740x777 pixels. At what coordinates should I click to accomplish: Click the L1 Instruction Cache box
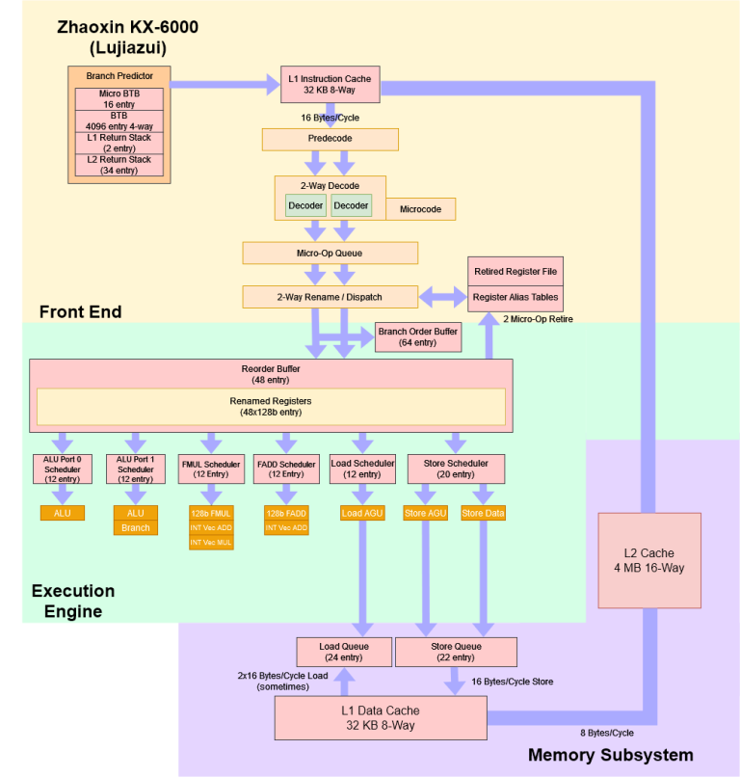[329, 84]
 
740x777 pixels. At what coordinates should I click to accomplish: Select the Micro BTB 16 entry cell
[119, 98]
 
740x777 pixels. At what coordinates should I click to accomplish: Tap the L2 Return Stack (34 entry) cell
[119, 165]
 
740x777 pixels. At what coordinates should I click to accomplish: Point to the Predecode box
[330, 139]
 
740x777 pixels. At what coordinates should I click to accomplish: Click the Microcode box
[420, 208]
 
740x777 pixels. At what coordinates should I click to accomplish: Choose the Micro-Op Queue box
[330, 253]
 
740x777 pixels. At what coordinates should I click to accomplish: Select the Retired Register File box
[515, 271]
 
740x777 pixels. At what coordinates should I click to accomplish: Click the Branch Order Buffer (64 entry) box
[419, 336]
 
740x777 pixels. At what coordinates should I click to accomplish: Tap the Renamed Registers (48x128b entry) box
[271, 406]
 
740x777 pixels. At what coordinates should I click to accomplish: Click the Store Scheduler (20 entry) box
[456, 469]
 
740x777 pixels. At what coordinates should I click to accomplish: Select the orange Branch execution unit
[135, 528]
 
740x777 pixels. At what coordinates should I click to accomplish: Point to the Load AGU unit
[362, 513]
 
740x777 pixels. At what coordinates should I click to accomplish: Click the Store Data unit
[483, 513]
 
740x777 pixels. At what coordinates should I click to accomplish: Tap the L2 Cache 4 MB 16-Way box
[648, 560]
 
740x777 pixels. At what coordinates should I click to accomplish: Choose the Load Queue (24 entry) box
[343, 652]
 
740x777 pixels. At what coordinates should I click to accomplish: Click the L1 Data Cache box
[380, 717]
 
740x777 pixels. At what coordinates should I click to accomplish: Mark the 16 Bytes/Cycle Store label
[512, 682]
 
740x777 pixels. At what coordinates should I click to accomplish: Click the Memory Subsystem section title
[610, 755]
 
